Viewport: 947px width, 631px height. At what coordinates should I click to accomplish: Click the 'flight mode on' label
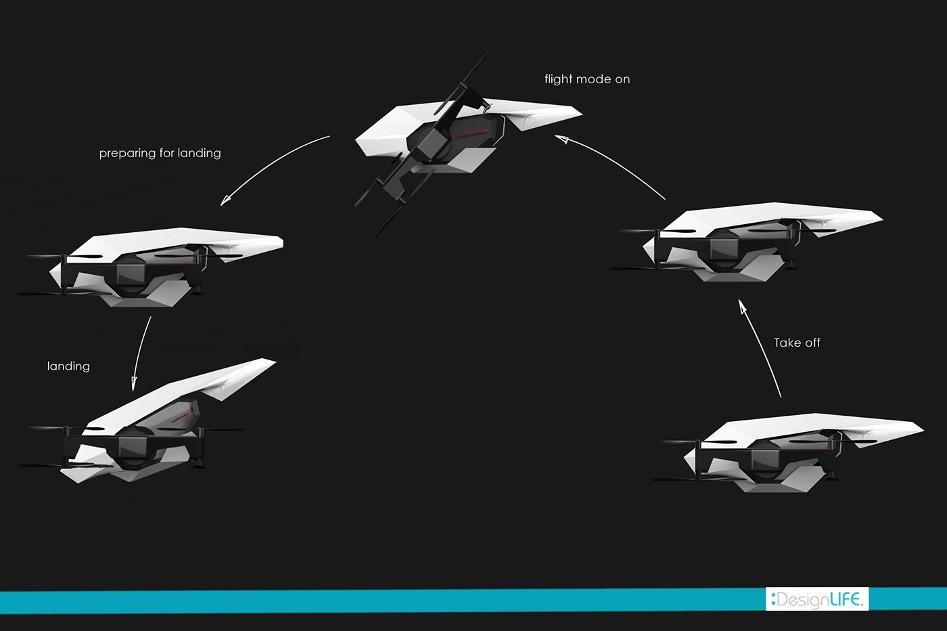[587, 79]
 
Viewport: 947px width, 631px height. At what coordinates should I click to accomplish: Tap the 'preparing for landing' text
[160, 153]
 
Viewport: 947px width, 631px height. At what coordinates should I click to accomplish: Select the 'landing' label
[68, 366]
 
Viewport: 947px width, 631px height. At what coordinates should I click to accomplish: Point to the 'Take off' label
[797, 343]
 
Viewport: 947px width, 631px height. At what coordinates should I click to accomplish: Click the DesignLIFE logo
[816, 599]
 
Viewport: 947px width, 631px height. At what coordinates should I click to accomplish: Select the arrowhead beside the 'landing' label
[134, 383]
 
